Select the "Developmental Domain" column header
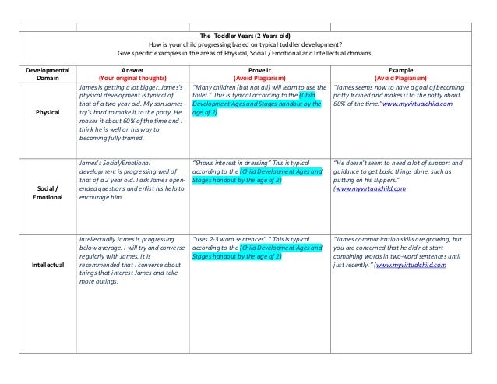(47, 73)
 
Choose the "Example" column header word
(400, 69)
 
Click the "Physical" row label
(47, 112)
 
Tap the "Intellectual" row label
(47, 265)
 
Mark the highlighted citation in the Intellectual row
(257, 252)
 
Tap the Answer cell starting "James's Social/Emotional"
(130, 180)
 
